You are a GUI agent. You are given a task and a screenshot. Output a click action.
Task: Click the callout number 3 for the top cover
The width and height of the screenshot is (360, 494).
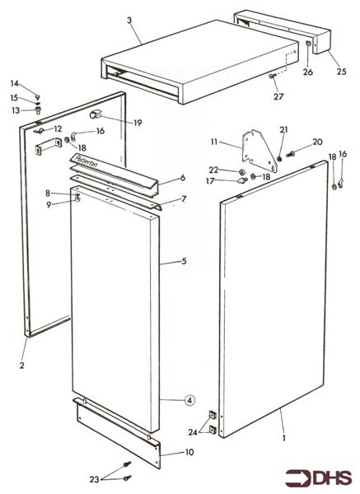(129, 19)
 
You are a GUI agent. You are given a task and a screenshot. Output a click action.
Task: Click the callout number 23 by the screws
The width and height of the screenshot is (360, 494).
(95, 478)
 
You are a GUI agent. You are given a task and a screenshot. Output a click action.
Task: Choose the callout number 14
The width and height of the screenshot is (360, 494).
(14, 84)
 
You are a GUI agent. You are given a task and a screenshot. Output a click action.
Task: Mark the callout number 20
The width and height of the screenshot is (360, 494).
(317, 142)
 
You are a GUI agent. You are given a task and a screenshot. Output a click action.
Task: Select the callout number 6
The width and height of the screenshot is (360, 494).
(183, 178)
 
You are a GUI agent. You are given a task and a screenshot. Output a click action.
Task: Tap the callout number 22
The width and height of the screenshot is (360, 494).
(213, 170)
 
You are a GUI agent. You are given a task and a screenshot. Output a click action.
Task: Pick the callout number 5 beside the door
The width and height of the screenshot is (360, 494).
(185, 262)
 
